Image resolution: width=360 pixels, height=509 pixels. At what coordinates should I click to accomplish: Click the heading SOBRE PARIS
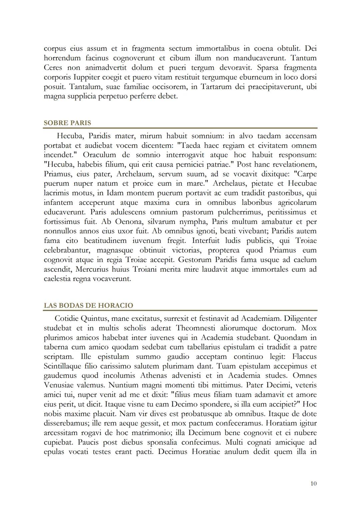(x=67, y=123)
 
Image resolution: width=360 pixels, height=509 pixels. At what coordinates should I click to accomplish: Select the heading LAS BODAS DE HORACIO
(x=88, y=305)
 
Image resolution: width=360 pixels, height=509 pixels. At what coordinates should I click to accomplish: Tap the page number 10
(x=313, y=483)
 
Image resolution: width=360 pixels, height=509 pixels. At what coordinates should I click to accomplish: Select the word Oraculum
(x=99, y=155)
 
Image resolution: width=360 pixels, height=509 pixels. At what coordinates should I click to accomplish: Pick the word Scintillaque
(x=62, y=366)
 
